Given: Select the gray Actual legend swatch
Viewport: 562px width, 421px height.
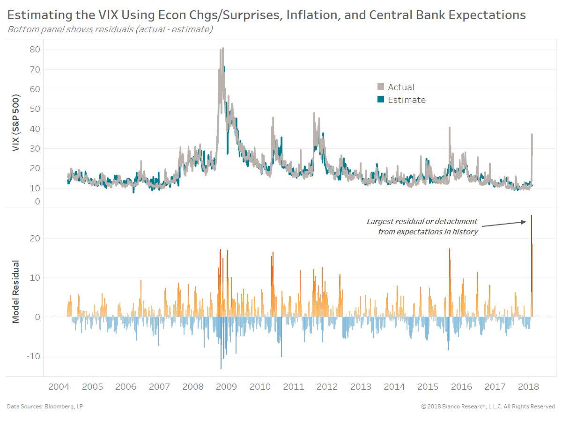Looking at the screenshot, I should pos(381,87).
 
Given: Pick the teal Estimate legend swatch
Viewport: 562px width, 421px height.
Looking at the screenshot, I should pos(381,100).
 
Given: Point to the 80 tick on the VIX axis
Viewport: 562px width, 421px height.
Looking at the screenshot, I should pos(35,50).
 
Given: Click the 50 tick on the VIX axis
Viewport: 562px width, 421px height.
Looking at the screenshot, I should pos(35,109).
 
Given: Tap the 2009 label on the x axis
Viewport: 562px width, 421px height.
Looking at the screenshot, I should pos(227,387).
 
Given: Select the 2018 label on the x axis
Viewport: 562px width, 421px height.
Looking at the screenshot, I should pos(528,387).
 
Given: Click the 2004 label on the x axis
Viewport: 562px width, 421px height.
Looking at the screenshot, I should pos(59,387).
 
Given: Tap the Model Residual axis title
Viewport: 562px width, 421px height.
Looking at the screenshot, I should pos(15,291).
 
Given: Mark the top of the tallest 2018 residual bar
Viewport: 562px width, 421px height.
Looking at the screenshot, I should pos(532,216).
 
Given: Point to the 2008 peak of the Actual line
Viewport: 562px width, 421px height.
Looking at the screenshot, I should pos(222,48).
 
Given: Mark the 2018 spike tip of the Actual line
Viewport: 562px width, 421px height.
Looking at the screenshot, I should pos(532,134).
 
